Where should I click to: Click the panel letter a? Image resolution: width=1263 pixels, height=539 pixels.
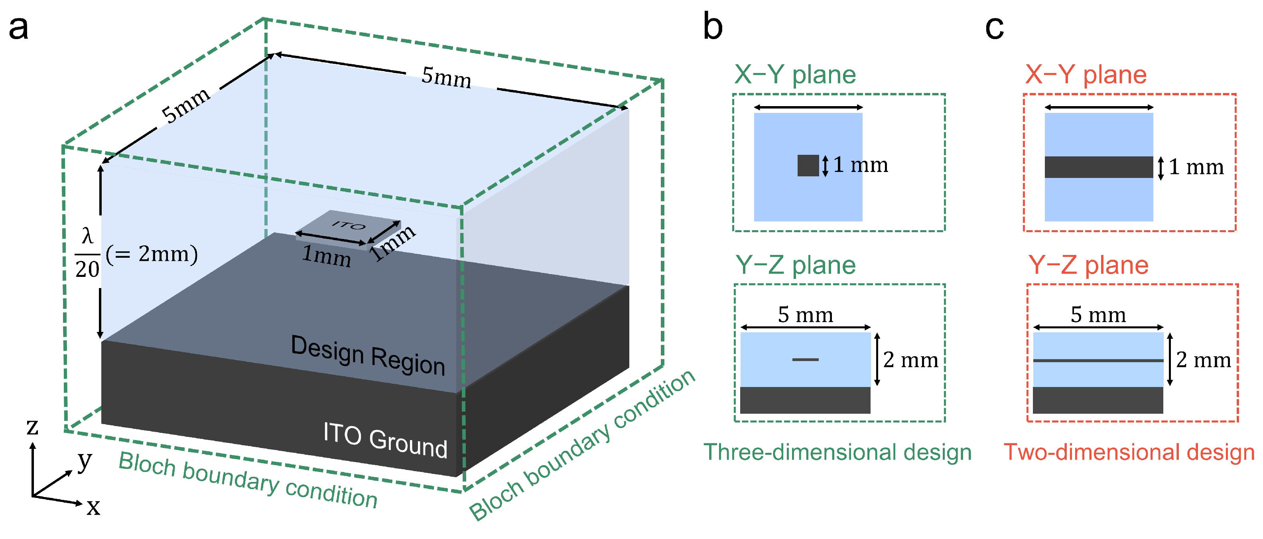click(x=19, y=28)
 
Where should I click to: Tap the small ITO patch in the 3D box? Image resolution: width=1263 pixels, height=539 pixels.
click(x=348, y=227)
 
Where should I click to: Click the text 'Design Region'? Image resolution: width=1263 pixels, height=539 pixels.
click(x=368, y=355)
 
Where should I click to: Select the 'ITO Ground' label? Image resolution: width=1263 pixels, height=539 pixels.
click(x=385, y=440)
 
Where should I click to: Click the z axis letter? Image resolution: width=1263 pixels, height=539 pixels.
click(x=32, y=426)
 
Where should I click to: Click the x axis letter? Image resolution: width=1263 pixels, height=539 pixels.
click(x=93, y=507)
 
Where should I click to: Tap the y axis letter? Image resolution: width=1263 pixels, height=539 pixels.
click(x=85, y=460)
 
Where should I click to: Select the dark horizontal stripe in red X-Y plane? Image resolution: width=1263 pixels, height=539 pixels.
click(x=1098, y=167)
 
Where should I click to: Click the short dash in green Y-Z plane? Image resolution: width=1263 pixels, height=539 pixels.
click(x=805, y=359)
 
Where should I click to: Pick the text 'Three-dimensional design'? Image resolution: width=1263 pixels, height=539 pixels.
click(x=837, y=452)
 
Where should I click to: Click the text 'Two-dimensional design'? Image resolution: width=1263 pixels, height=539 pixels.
click(x=1129, y=452)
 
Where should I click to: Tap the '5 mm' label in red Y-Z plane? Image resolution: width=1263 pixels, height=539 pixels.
click(x=1098, y=314)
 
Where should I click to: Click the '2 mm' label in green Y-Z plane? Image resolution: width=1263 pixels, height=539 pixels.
click(x=910, y=360)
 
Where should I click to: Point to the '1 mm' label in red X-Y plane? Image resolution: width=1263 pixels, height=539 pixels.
click(x=1196, y=167)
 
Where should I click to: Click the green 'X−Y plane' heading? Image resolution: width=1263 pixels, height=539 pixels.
click(x=795, y=75)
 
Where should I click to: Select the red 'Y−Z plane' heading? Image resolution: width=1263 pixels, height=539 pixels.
click(x=1088, y=265)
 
